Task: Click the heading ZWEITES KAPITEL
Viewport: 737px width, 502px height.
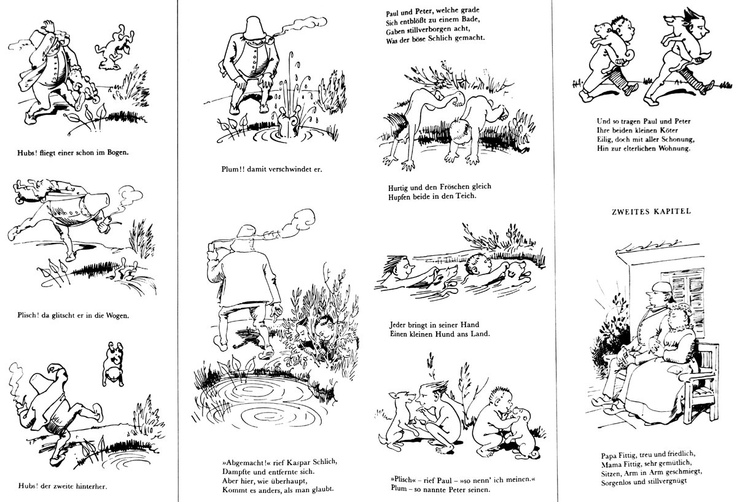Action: point(651,211)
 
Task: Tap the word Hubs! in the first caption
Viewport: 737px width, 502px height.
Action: point(26,153)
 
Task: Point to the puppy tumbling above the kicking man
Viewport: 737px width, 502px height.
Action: point(113,363)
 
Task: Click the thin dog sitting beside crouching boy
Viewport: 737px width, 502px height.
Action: point(397,421)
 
